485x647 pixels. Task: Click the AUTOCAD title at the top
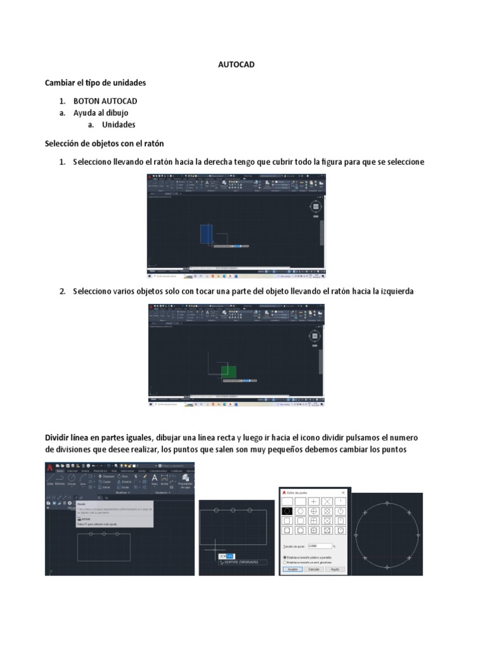click(236, 64)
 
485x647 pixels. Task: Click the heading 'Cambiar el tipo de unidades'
click(95, 83)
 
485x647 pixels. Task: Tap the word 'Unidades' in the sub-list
click(119, 124)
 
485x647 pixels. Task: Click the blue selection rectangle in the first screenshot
click(205, 234)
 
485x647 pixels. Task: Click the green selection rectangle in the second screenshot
click(229, 372)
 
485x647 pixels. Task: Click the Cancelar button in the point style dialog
click(314, 569)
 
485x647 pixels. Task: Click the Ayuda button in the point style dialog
click(335, 569)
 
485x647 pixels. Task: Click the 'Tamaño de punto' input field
click(320, 545)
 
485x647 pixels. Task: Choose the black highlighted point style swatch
click(287, 511)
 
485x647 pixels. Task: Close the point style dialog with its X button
click(343, 492)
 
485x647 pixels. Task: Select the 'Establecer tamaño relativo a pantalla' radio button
click(285, 557)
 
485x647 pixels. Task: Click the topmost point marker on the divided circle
click(386, 504)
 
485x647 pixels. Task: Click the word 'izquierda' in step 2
click(393, 291)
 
